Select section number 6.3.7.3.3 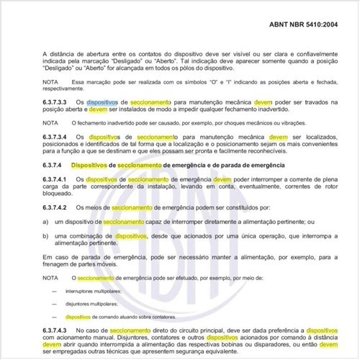click(x=58, y=102)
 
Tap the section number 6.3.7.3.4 click(x=58, y=136)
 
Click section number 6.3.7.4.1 click(x=58, y=179)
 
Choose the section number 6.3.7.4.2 click(x=58, y=207)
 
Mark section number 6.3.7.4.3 click(x=58, y=328)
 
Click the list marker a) click(x=45, y=222)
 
